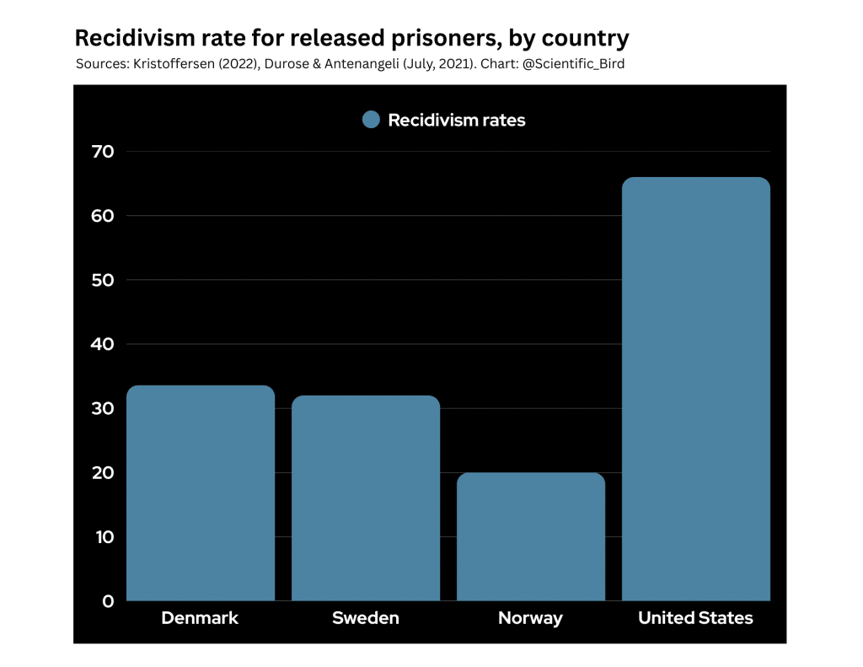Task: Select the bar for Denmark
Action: tap(201, 493)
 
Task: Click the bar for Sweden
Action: tap(366, 498)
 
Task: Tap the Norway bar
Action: tap(531, 537)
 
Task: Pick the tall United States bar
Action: tap(696, 389)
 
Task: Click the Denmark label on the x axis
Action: tap(200, 618)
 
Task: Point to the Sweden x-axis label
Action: tap(366, 618)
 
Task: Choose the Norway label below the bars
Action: tap(530, 618)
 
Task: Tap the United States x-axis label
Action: tap(695, 618)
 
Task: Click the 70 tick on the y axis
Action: tap(102, 152)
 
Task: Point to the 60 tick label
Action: tap(102, 216)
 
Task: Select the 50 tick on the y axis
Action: tap(102, 280)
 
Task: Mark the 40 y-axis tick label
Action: tap(102, 344)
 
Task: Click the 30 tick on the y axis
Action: tap(102, 408)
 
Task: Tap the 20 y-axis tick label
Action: tap(102, 473)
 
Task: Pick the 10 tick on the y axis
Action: tap(102, 537)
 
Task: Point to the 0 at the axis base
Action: tap(108, 601)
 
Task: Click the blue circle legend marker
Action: tap(371, 120)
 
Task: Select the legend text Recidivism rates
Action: tap(456, 121)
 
